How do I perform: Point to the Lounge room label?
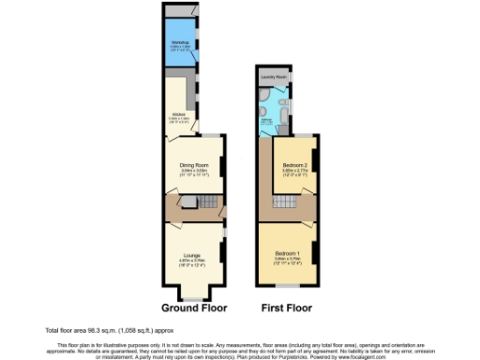point(193,254)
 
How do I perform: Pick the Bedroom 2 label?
point(295,165)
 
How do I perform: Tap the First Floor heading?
point(286,307)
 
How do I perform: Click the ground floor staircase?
point(210,203)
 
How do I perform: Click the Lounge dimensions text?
point(193,262)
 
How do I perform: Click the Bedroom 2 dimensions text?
point(295,172)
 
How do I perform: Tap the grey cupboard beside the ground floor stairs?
point(186,202)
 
